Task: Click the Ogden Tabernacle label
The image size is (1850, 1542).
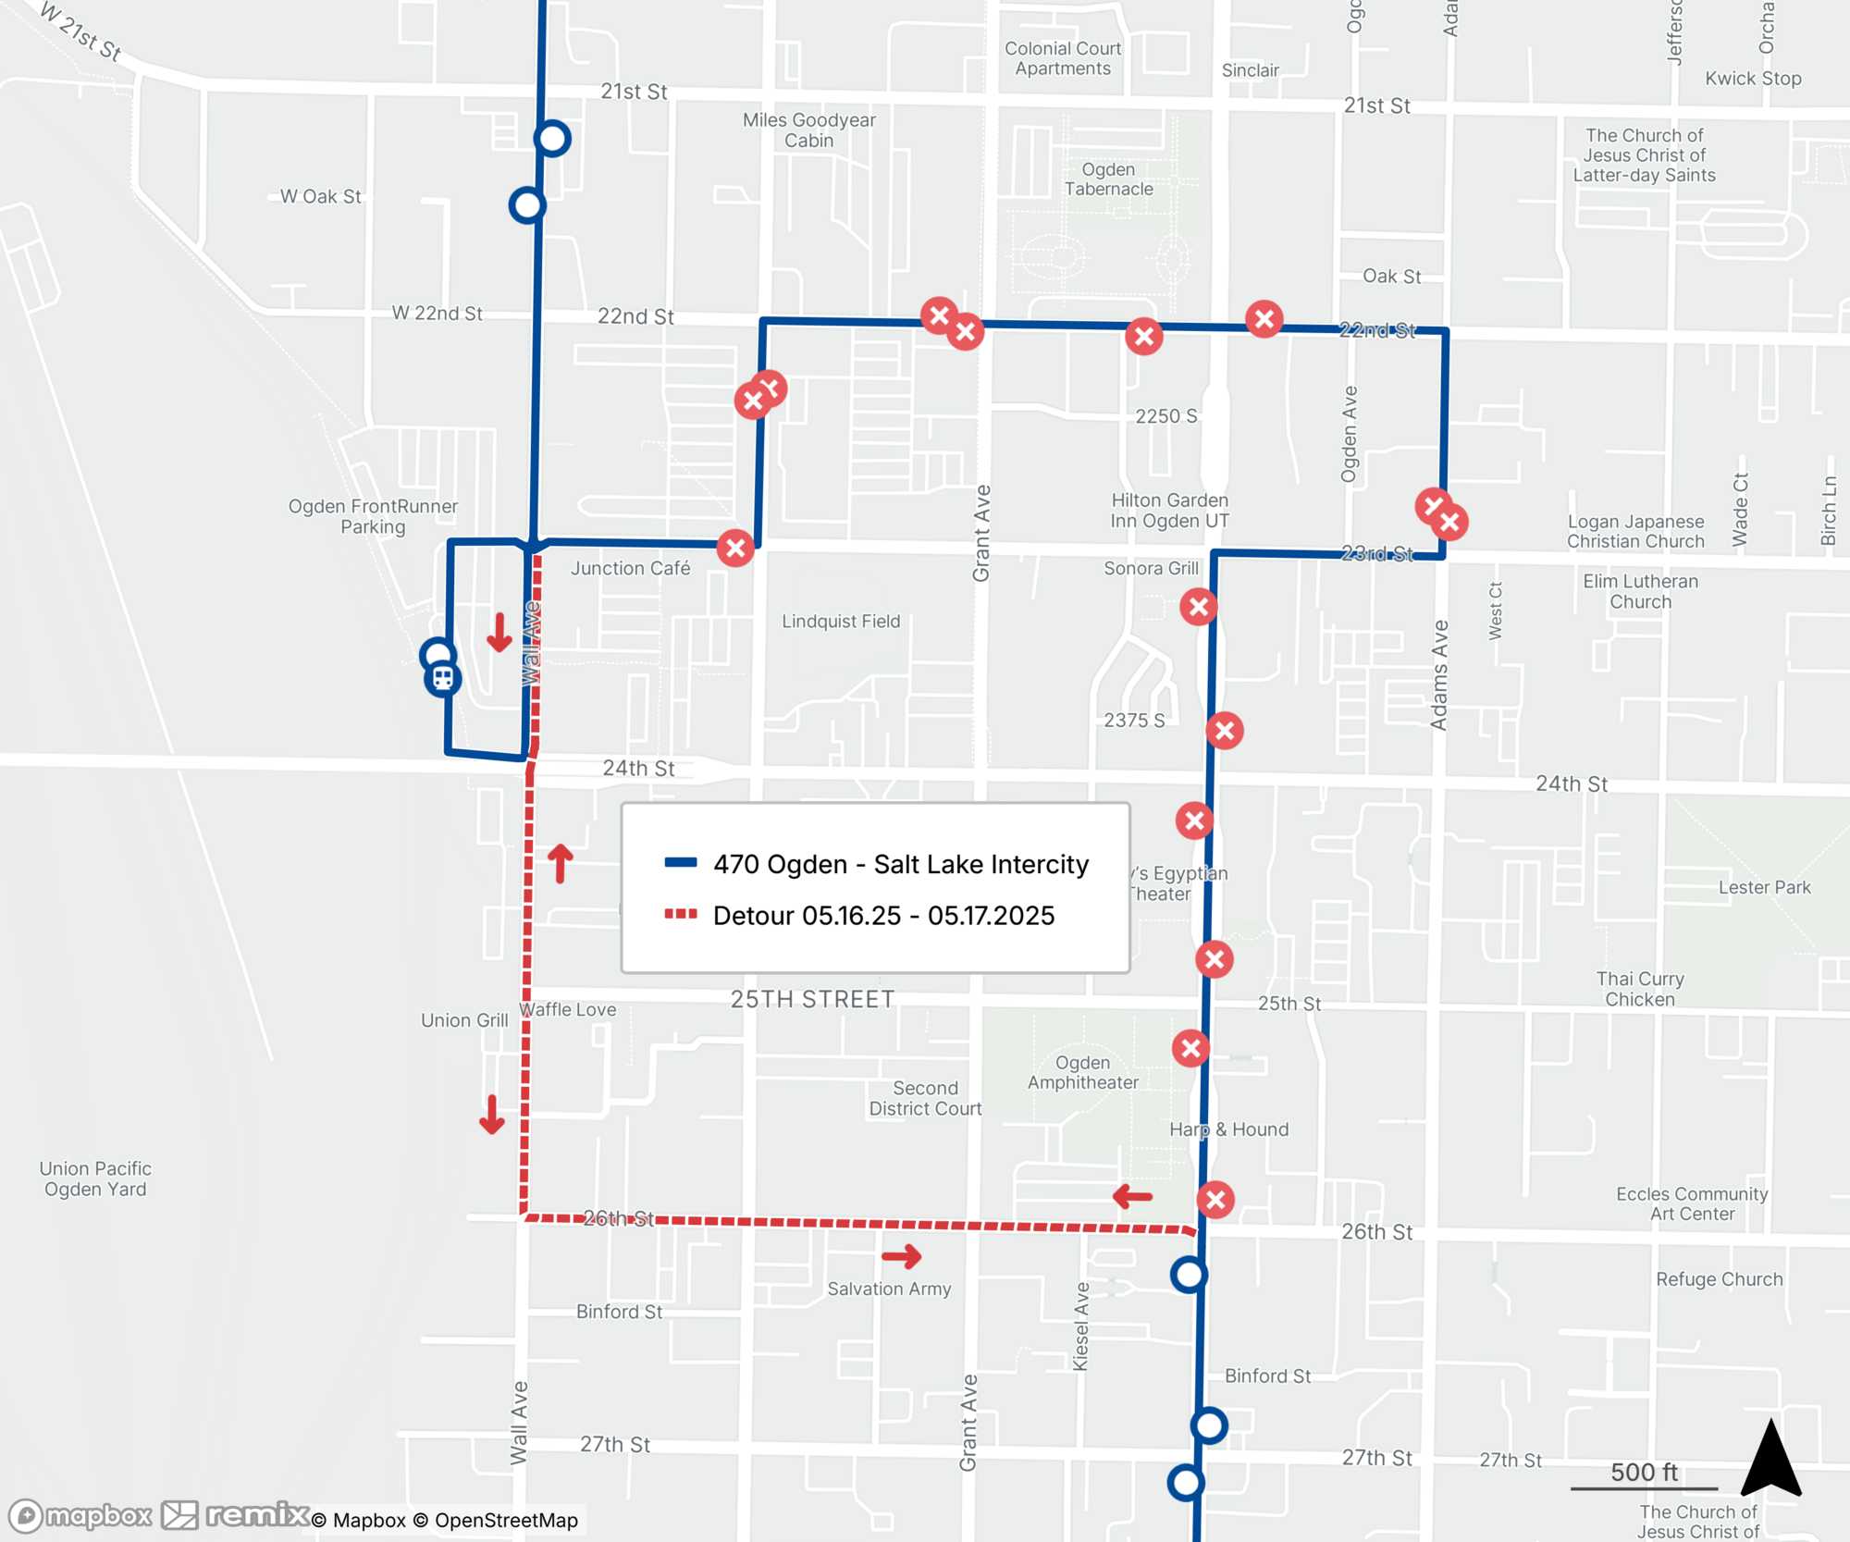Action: [x=1108, y=179]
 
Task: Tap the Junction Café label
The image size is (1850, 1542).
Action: [x=630, y=568]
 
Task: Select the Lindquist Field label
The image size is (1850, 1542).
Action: [x=840, y=622]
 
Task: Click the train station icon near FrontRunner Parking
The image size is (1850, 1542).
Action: [x=442, y=679]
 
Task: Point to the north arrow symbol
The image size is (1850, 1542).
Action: [x=1770, y=1459]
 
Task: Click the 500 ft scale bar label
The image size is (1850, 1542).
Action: [x=1644, y=1472]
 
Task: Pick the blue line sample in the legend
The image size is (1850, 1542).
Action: [x=681, y=863]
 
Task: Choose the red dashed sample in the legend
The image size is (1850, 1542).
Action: [x=681, y=915]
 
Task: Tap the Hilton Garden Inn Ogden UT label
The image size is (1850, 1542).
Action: [x=1169, y=511]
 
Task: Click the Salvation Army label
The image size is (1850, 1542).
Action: [x=889, y=1289]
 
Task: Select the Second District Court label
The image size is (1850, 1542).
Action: [x=925, y=1098]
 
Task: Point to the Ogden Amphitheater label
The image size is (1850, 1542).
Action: [x=1082, y=1073]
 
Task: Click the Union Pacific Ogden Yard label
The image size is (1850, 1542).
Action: [x=95, y=1178]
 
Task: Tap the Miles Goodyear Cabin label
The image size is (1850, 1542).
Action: [x=808, y=130]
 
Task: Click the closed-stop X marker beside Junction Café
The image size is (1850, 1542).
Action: [x=735, y=548]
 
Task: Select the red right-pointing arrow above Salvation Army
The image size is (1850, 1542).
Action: [x=901, y=1256]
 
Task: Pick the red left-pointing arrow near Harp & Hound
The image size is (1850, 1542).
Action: [x=1132, y=1197]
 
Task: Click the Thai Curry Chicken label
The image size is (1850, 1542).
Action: [x=1639, y=989]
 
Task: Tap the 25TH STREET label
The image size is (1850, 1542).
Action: [x=812, y=999]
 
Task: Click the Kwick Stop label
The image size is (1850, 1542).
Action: [x=1753, y=79]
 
